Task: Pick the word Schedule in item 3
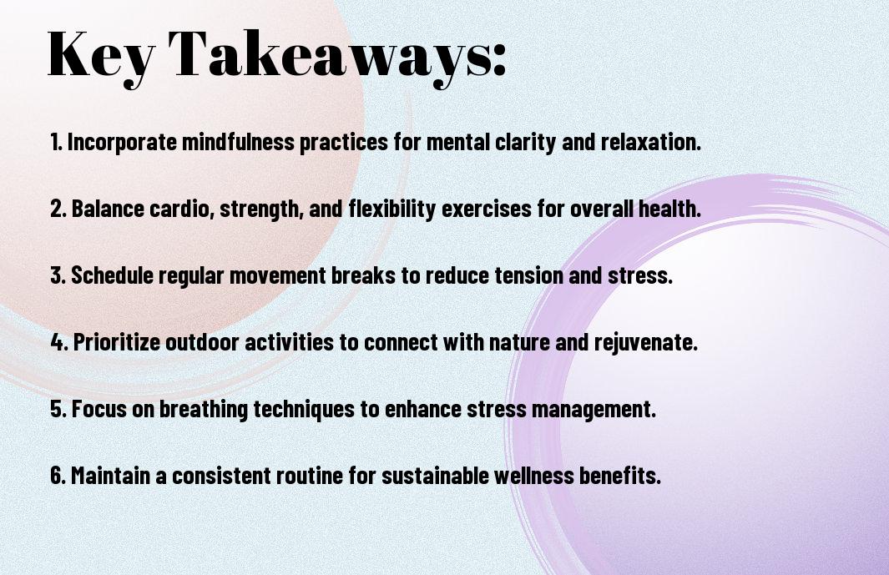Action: point(112,275)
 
